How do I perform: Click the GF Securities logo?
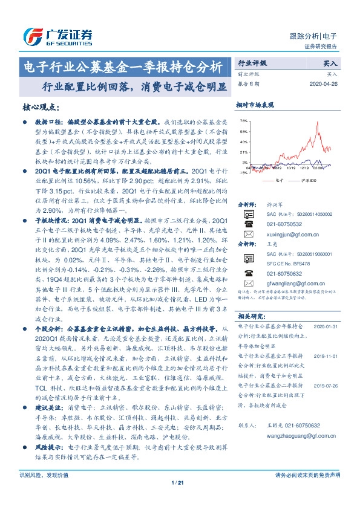[57, 36]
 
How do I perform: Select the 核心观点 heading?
[41, 107]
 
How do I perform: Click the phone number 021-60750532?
[283, 224]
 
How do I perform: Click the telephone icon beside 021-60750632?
[248, 273]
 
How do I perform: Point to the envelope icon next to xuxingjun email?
[248, 234]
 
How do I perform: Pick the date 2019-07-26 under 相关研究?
[329, 384]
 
